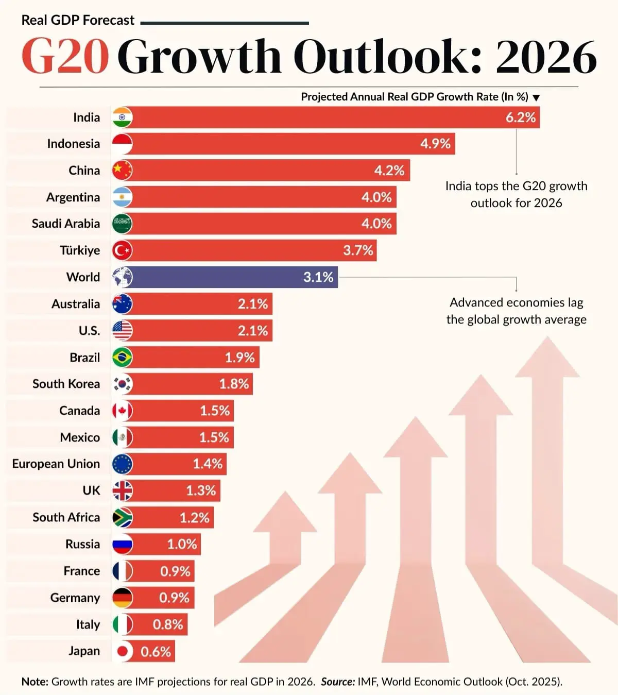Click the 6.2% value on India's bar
(x=520, y=117)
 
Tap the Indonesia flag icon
(x=122, y=144)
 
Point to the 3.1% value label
(x=318, y=277)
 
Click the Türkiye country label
(x=80, y=250)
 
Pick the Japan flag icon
(x=122, y=651)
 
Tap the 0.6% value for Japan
(x=156, y=652)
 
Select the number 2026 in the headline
(x=546, y=57)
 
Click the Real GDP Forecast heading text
(x=78, y=20)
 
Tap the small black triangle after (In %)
(x=536, y=98)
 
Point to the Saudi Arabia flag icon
(x=122, y=224)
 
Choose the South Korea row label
(x=66, y=384)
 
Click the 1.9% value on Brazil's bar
(x=239, y=358)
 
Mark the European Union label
(x=56, y=464)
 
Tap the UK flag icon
(x=122, y=490)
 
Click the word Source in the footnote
(x=337, y=682)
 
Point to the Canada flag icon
(x=122, y=411)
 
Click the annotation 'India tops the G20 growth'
(x=516, y=186)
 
